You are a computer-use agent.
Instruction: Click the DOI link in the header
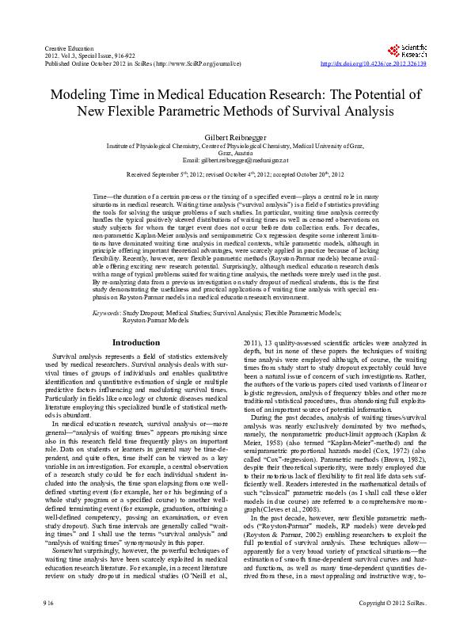coord(372,63)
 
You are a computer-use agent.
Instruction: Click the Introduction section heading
coord(136,342)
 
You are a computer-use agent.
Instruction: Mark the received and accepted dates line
coord(235,173)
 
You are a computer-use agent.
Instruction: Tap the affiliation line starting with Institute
coord(235,147)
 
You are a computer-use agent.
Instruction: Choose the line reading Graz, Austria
coord(235,153)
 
